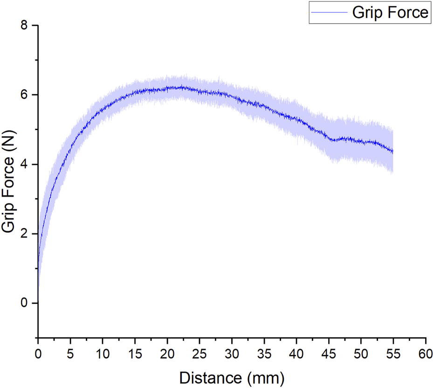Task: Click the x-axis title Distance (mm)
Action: click(x=232, y=376)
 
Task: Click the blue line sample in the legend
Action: click(x=329, y=13)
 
